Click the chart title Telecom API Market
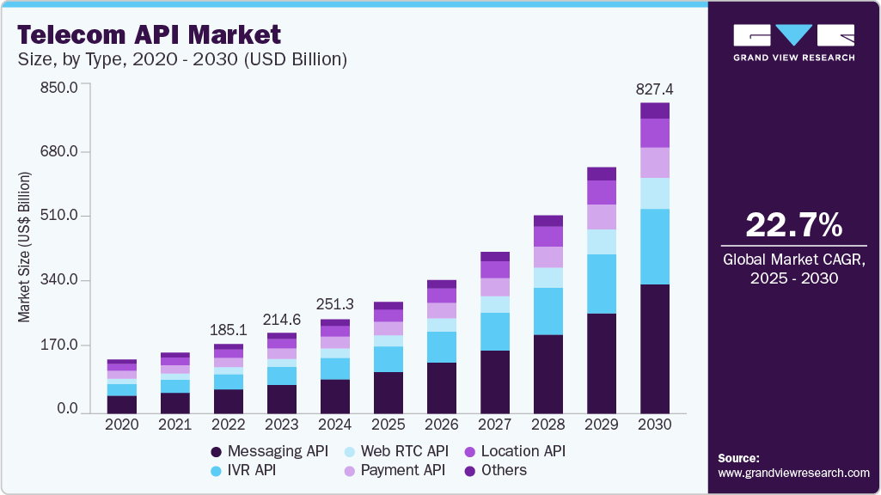coord(149,34)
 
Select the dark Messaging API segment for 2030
coord(655,347)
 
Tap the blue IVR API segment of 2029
coord(602,284)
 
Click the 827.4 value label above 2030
coord(655,89)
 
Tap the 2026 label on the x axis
coord(443,425)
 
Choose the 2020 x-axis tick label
coord(122,425)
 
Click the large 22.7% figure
coord(793,225)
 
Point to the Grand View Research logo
coord(793,42)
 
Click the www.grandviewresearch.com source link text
coord(793,473)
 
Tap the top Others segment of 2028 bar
coord(548,221)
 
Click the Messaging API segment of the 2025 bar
coord(389,392)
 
